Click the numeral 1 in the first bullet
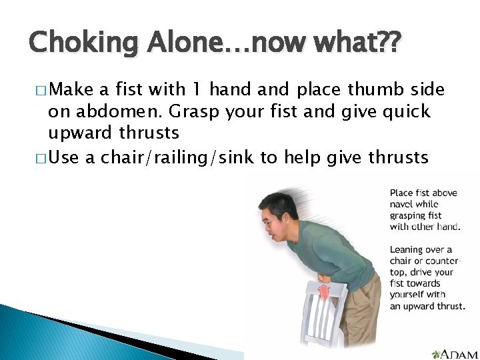pyautogui.click(x=212, y=89)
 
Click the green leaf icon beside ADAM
pyautogui.click(x=437, y=353)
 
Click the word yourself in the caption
pyautogui.click(x=409, y=295)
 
